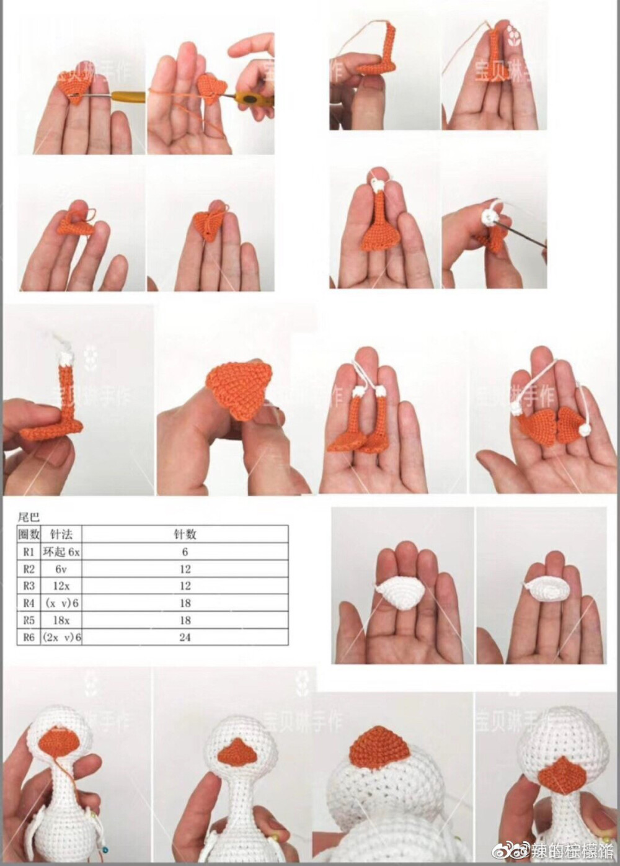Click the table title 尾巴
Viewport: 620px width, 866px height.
coord(29,516)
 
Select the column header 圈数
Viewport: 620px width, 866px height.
coord(29,534)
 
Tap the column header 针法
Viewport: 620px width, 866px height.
coord(61,534)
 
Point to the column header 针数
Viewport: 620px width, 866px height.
coord(185,534)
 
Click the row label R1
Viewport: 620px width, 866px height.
coord(29,551)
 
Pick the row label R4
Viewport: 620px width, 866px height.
coord(29,603)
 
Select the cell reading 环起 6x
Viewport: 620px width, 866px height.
coord(61,551)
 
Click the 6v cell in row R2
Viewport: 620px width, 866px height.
coord(61,569)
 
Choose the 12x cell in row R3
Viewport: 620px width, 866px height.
coord(61,586)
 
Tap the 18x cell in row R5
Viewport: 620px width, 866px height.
coord(61,620)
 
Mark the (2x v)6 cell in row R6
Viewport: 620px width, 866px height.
coord(61,637)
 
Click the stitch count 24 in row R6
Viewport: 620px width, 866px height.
coord(185,637)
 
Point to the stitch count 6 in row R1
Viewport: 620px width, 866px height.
coord(185,551)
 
